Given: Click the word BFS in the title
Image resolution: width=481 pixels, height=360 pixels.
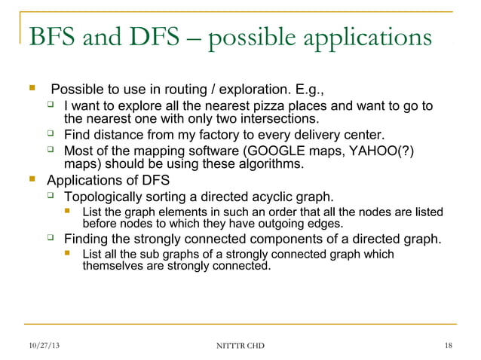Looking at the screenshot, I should pos(52,38).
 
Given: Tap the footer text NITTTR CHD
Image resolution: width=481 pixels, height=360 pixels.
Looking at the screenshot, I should pos(240,345).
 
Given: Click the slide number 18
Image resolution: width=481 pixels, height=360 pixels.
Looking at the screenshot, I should pos(449,345).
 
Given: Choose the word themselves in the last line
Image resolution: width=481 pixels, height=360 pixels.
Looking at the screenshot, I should pos(112,266).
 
